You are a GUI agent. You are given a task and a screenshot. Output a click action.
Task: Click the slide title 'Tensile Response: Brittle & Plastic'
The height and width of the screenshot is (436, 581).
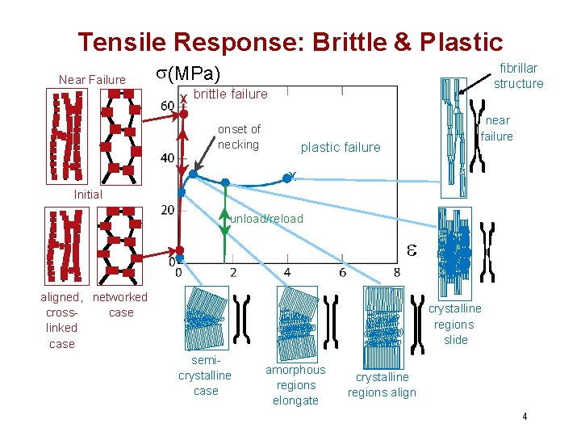click(290, 42)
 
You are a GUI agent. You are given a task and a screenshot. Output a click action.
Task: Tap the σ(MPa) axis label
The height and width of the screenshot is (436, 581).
click(187, 74)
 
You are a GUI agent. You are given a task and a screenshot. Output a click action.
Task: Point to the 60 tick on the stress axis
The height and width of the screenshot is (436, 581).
click(167, 106)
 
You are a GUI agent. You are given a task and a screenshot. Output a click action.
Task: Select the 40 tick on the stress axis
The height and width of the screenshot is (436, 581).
click(167, 158)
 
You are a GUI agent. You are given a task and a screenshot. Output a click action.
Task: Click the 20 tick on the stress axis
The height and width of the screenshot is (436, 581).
click(167, 210)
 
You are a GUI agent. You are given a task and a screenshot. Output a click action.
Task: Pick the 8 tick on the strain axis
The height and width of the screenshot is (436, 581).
click(396, 272)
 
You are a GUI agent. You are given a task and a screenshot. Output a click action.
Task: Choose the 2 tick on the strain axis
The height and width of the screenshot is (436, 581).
click(233, 272)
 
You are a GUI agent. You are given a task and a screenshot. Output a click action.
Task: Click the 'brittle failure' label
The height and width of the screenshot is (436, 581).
click(231, 94)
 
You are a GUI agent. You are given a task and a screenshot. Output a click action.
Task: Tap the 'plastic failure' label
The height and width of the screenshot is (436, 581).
click(341, 147)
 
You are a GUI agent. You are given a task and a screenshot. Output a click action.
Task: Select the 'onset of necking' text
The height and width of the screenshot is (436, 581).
click(239, 136)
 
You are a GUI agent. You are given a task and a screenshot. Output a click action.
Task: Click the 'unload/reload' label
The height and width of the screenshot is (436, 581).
click(266, 219)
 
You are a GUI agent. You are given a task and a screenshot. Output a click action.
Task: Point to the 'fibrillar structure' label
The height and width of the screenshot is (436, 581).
click(518, 76)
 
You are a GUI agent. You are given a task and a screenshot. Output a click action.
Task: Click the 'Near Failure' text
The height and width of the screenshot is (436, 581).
click(92, 79)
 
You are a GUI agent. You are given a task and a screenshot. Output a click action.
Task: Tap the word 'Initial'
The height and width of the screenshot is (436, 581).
click(87, 195)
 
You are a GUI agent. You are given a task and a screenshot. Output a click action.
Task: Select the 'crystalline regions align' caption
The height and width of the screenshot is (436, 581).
click(382, 385)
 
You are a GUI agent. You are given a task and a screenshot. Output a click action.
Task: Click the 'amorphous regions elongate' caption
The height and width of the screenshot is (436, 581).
click(295, 385)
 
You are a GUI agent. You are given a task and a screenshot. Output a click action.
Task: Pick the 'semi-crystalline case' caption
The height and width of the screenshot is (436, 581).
click(205, 375)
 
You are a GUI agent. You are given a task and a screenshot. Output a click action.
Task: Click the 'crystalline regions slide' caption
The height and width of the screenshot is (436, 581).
click(454, 324)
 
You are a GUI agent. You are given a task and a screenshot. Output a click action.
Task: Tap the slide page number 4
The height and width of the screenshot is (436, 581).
click(525, 417)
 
